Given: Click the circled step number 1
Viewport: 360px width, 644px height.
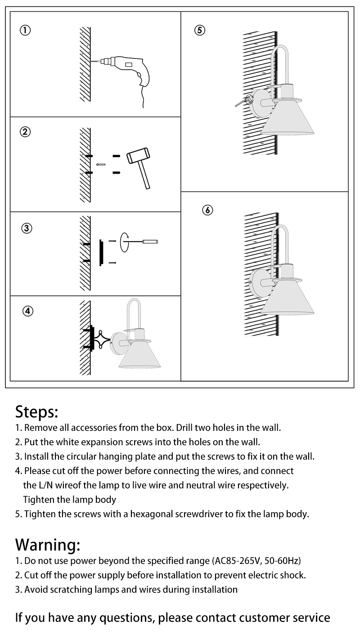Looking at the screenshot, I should (25, 31).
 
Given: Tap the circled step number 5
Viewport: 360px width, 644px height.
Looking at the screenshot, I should (200, 31).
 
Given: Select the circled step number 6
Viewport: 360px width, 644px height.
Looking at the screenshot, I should (207, 210).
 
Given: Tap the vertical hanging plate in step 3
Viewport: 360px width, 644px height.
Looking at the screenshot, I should (100, 253).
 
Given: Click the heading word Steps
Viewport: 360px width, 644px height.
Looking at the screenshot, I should (37, 411).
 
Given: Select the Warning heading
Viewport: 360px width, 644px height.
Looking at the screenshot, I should (48, 545).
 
